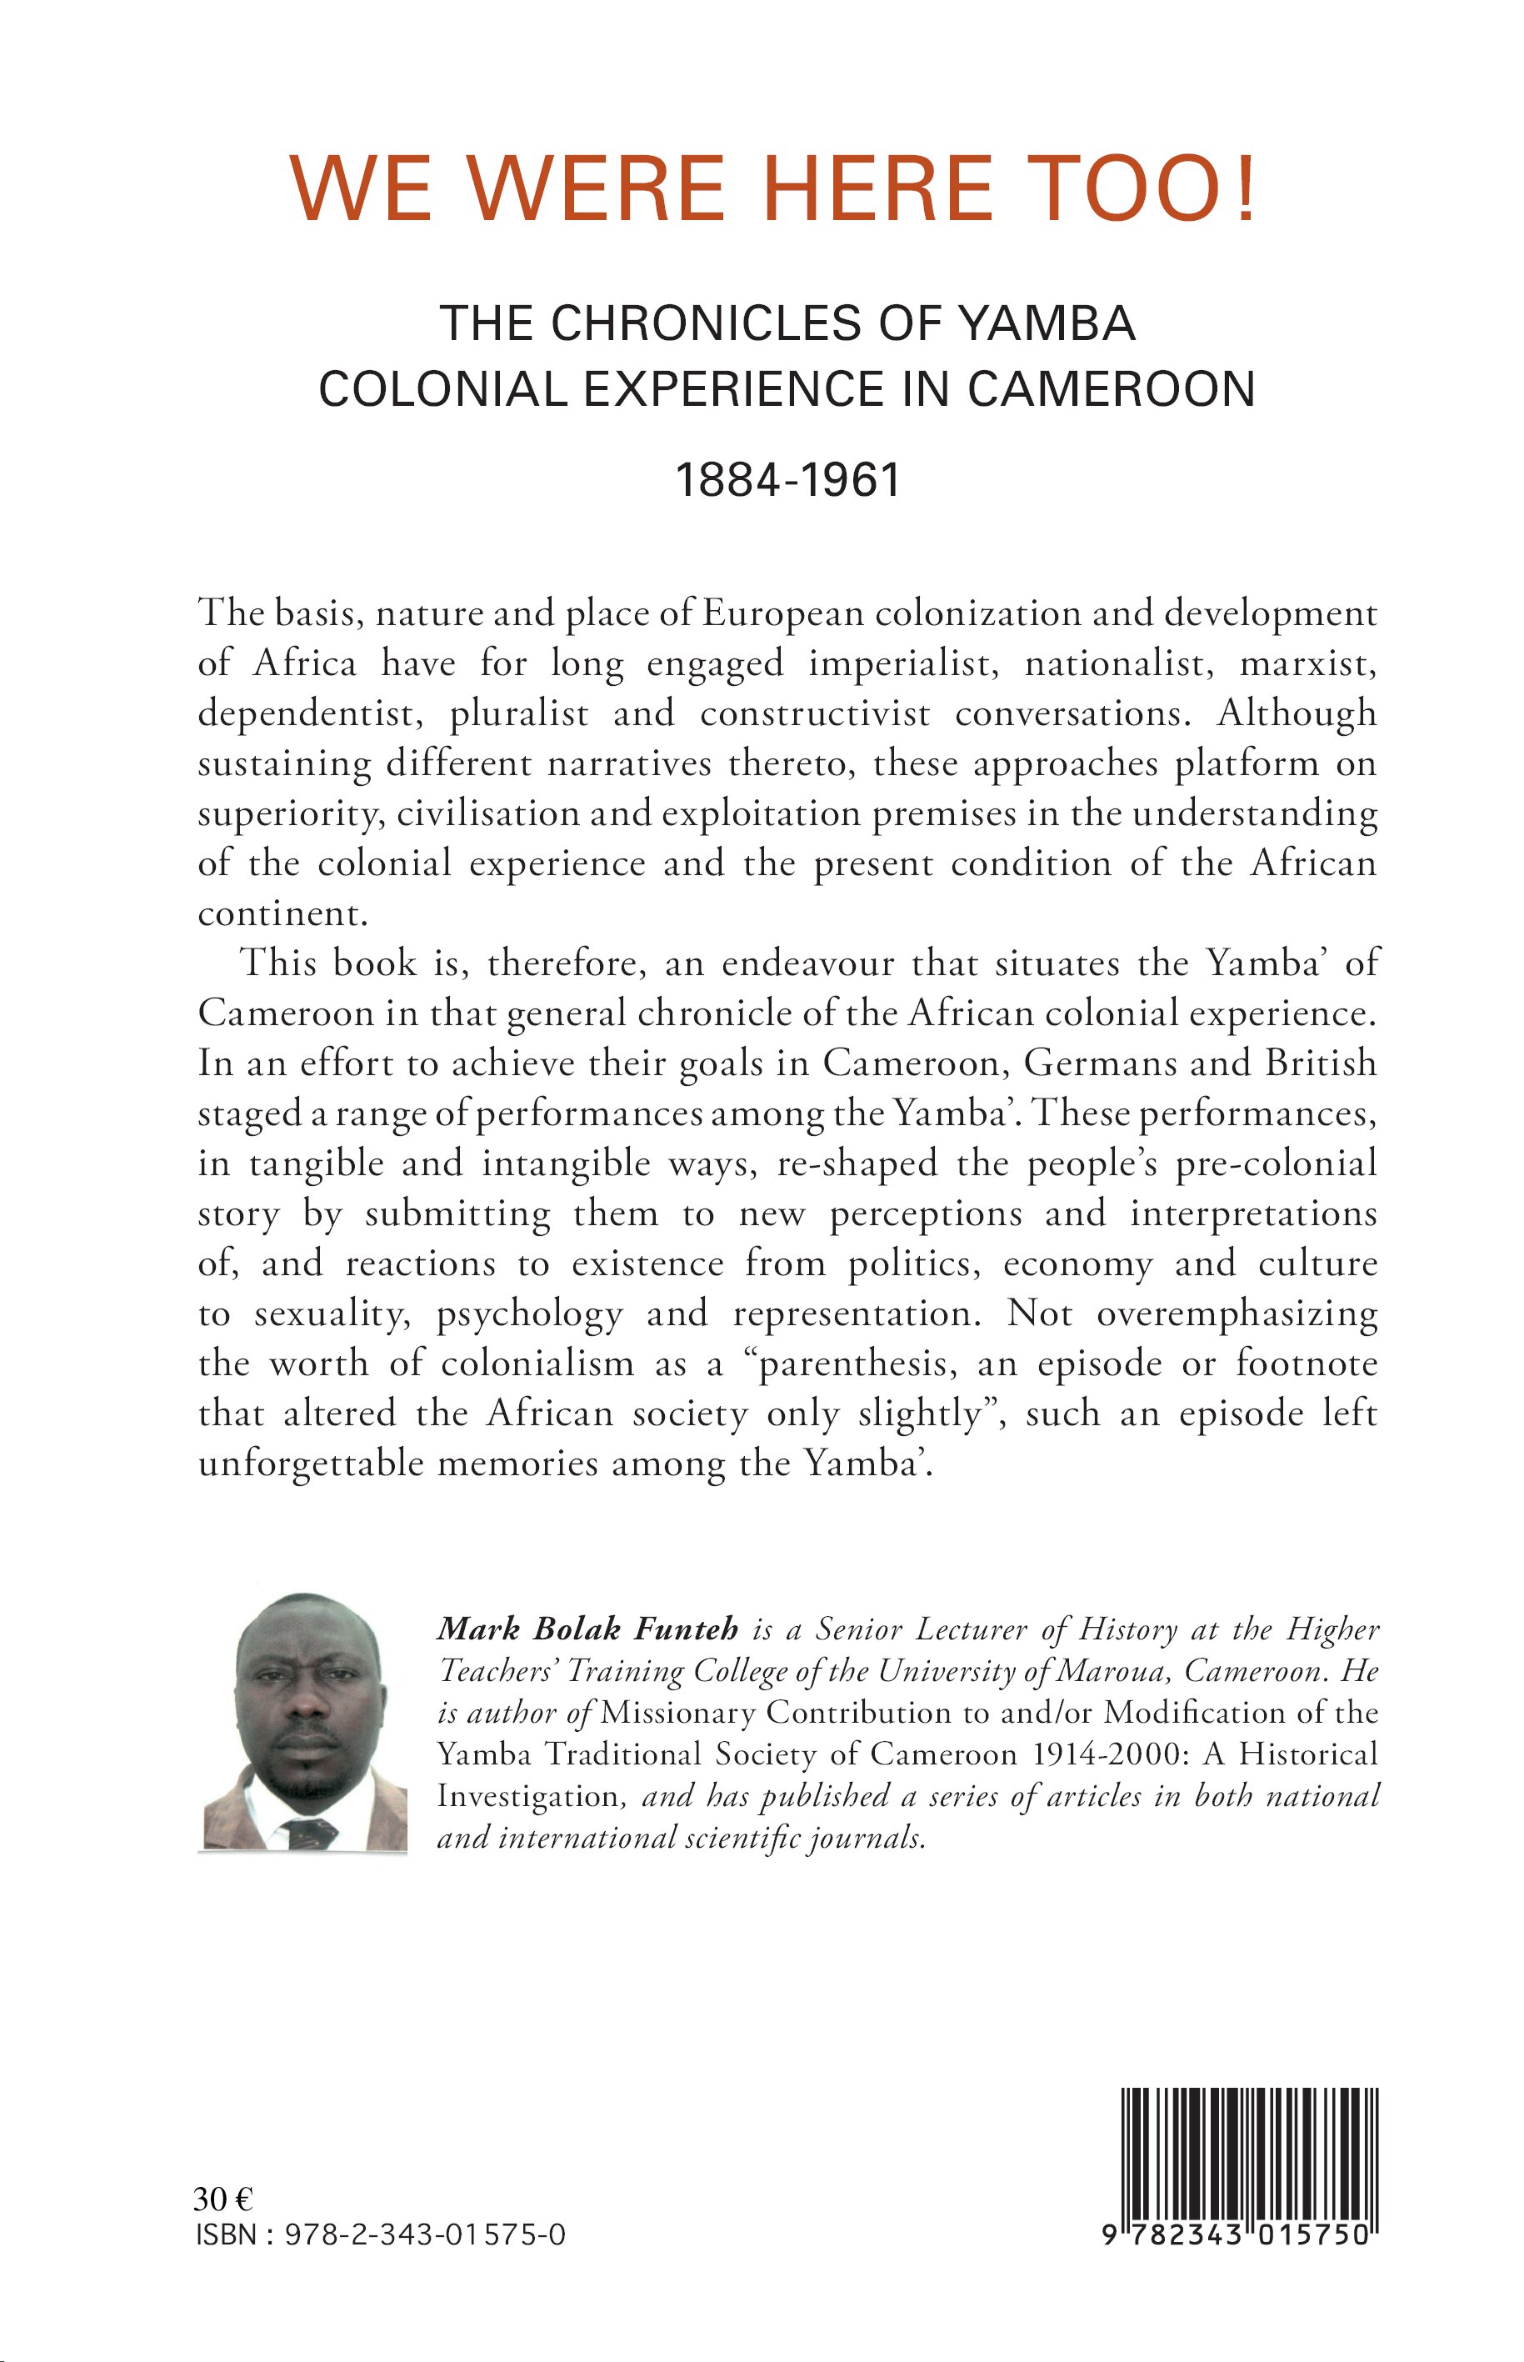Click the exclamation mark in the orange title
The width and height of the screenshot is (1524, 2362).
pos(1246,188)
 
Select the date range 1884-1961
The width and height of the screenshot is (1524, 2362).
pos(787,480)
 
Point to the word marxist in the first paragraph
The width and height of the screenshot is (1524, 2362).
pos(1307,663)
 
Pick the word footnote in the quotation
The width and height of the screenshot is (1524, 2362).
pos(1307,1364)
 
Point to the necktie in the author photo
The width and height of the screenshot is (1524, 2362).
pos(311,1831)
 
